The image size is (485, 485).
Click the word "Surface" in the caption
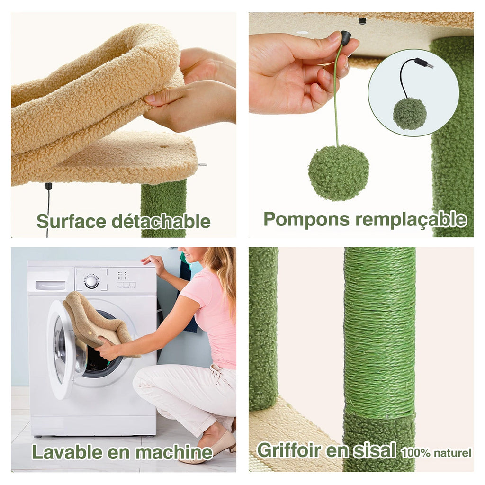(72, 221)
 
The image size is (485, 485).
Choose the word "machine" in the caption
(174, 452)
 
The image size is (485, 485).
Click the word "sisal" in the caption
(374, 450)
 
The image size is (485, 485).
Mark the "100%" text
(415, 453)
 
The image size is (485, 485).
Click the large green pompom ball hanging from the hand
(338, 173)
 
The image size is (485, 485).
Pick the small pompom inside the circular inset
(410, 114)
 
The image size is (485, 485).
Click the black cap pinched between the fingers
(345, 38)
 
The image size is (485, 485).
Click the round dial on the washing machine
(91, 281)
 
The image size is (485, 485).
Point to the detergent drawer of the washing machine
(50, 285)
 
